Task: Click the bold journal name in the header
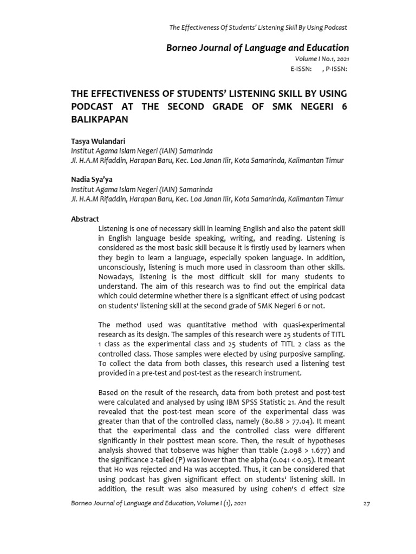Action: (257, 48)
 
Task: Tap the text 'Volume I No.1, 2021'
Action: (322, 58)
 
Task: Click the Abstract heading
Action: (85, 219)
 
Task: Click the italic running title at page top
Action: (258, 27)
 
